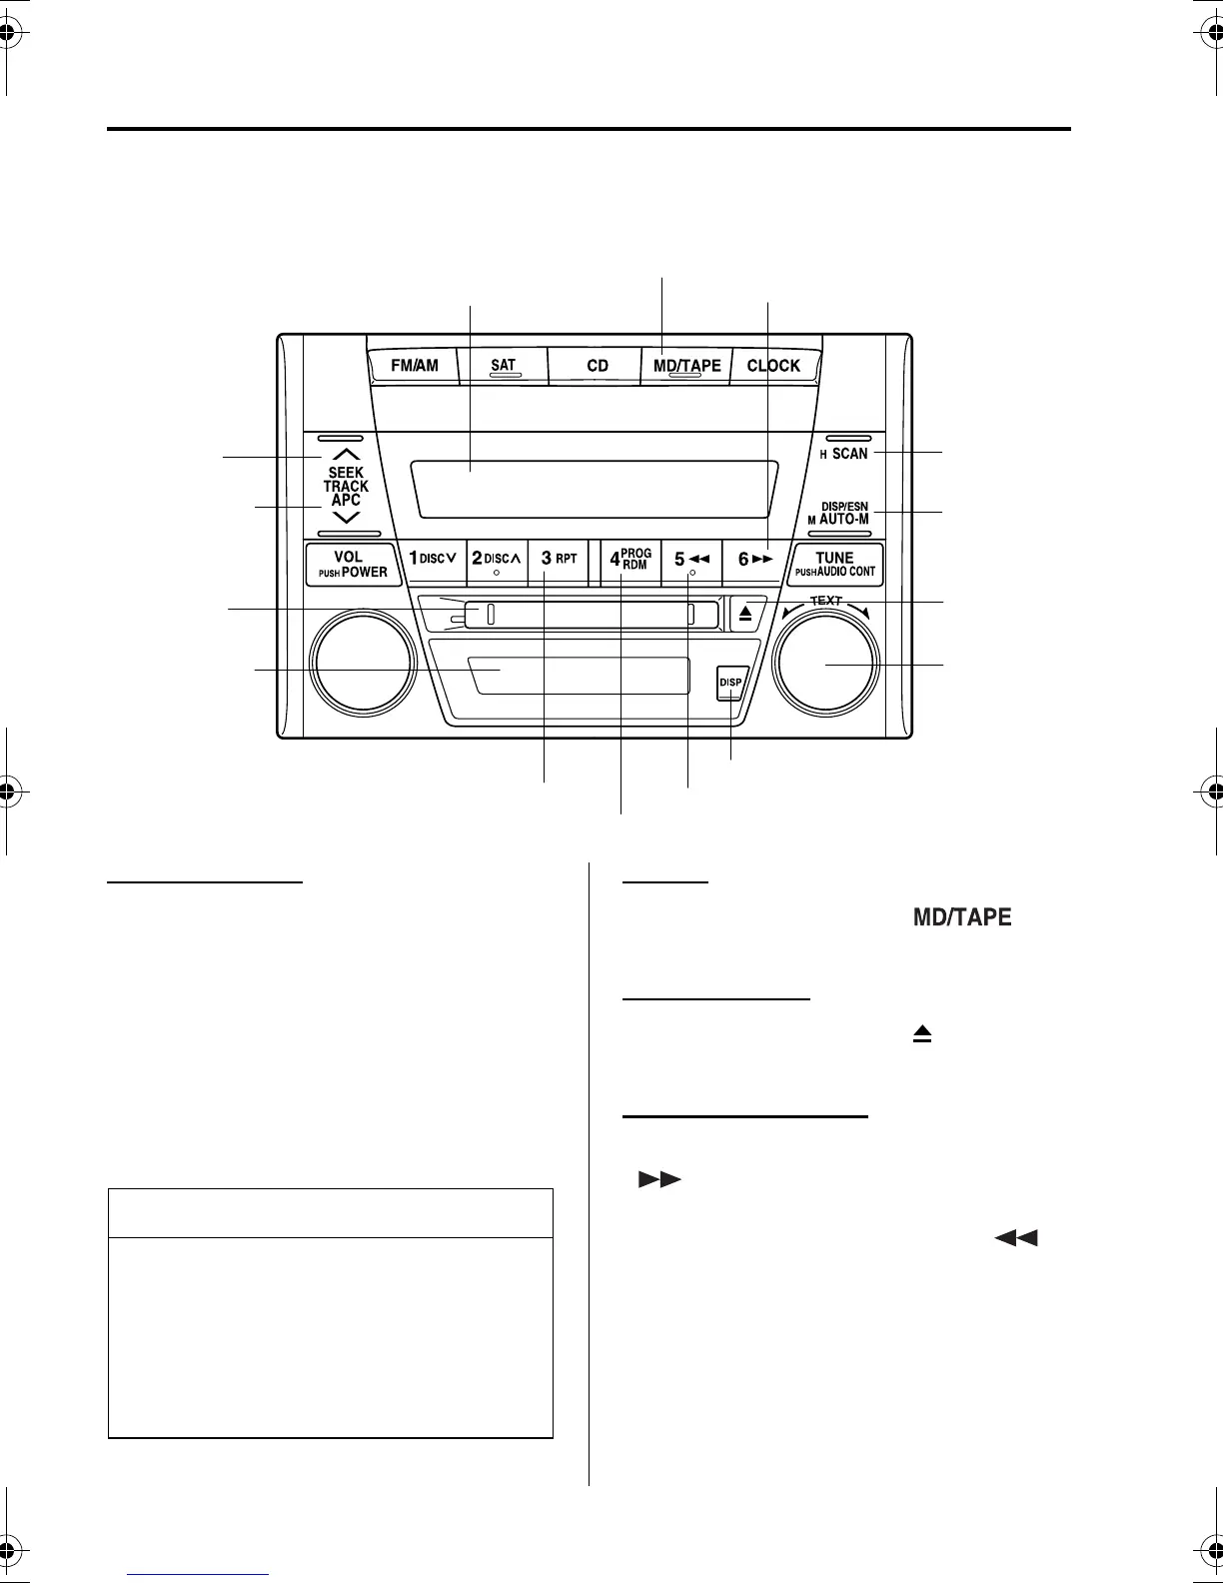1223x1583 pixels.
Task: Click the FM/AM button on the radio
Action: pos(414,366)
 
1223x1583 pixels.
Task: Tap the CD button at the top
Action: pos(598,366)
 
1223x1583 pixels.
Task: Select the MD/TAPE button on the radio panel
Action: pos(686,366)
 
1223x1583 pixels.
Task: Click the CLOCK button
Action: pos(773,366)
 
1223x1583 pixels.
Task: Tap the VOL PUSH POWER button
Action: pos(353,565)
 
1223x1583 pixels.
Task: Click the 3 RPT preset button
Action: pos(559,559)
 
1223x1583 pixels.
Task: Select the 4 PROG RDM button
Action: pos(630,559)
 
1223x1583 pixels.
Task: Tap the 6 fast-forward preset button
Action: pos(754,560)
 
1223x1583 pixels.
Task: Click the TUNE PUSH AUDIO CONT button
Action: pos(835,565)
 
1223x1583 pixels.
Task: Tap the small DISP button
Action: pos(730,683)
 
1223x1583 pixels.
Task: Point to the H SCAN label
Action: pos(844,454)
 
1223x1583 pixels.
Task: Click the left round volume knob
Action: pos(363,666)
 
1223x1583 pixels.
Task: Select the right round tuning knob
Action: pos(826,666)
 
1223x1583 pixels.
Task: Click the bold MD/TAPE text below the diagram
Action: pos(962,917)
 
